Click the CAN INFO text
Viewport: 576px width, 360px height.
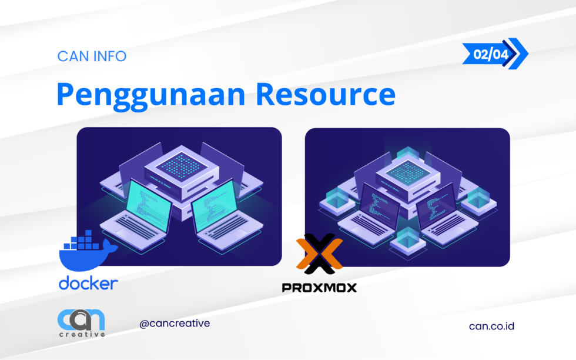click(92, 56)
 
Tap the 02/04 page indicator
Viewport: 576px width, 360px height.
click(486, 54)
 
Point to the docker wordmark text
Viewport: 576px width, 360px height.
click(88, 284)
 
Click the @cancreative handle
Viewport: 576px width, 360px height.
click(175, 324)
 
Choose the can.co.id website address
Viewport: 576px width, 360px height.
click(491, 325)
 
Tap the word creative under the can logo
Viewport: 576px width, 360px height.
click(82, 335)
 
